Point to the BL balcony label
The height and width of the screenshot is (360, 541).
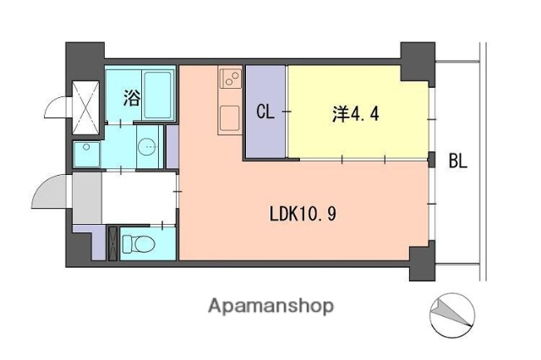pyautogui.click(x=457, y=161)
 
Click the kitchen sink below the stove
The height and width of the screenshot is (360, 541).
pyautogui.click(x=229, y=117)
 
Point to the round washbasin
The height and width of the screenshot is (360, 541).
pyautogui.click(x=147, y=146)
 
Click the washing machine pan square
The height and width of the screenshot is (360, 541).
pyautogui.click(x=87, y=154)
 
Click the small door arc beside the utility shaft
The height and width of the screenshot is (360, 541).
pyautogui.click(x=56, y=108)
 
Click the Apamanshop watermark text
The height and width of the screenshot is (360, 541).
pyautogui.click(x=270, y=305)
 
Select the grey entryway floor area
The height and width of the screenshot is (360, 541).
pyautogui.click(x=85, y=198)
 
